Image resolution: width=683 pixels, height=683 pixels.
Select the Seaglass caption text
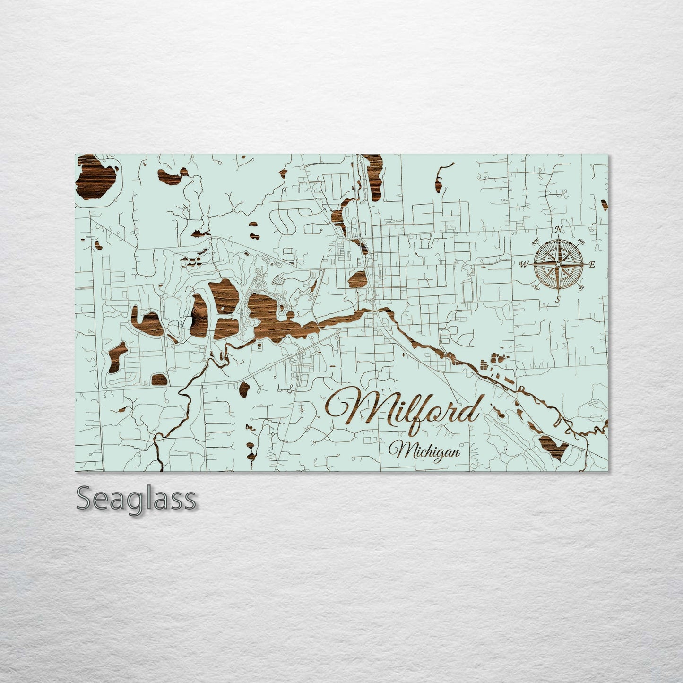coord(136,499)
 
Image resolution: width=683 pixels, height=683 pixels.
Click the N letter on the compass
coord(559,230)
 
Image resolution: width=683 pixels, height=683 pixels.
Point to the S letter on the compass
coord(558,299)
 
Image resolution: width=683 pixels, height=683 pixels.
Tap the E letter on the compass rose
coord(591,264)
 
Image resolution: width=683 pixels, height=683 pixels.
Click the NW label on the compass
coord(536,243)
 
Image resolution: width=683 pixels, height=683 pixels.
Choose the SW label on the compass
coord(536,286)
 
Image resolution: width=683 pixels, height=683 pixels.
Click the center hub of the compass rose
coord(558,264)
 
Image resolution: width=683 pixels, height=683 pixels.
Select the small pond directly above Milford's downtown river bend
coord(358,280)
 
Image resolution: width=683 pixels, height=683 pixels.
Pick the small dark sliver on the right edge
coord(605,204)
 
